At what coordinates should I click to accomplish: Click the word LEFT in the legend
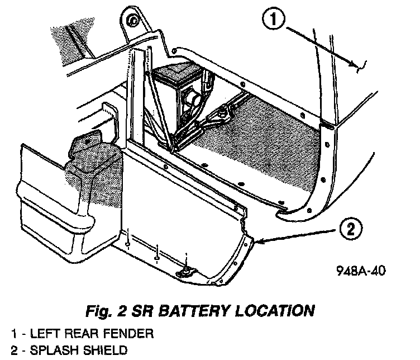(x=43, y=335)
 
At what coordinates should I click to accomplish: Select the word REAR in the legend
(x=83, y=335)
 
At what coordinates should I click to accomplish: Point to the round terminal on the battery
(x=193, y=100)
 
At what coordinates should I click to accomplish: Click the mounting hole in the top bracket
(x=132, y=21)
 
